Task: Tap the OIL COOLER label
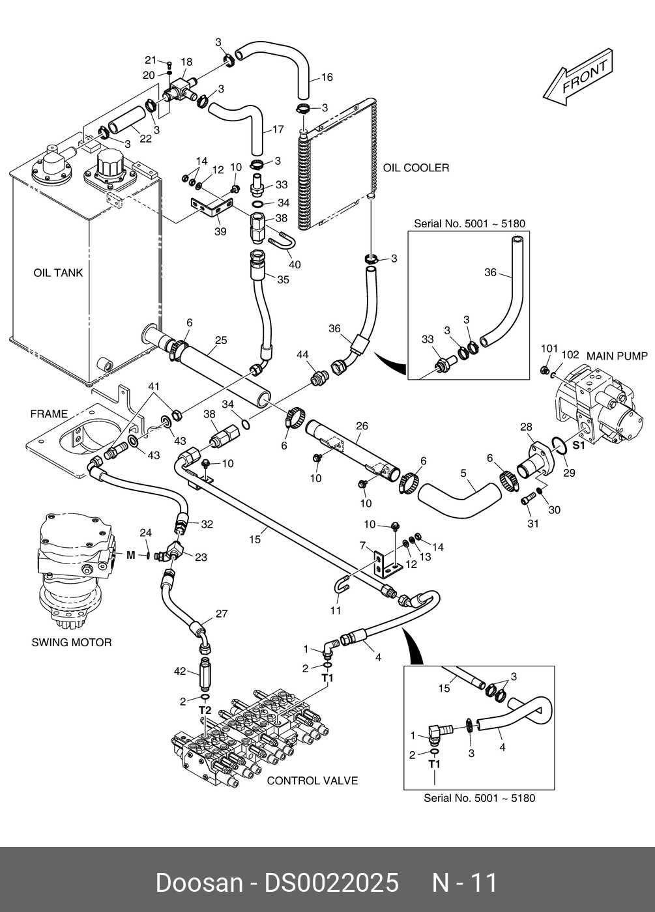pos(416,168)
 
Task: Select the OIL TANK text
pos(58,273)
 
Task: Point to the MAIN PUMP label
pos(617,356)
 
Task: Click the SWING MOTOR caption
pos(72,642)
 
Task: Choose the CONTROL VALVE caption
pos(312,780)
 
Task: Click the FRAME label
pos(49,414)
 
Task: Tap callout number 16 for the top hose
pos(327,78)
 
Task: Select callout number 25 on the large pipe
pos(221,340)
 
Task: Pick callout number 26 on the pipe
pos(362,426)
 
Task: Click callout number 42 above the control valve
pos(181,671)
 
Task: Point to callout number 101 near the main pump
pos(549,349)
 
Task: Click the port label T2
pos(204,709)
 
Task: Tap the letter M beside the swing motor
pos(131,555)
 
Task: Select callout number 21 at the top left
pos(151,60)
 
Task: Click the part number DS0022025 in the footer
pos(330,883)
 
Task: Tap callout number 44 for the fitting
pos(302,354)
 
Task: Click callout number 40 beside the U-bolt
pos(295,264)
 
